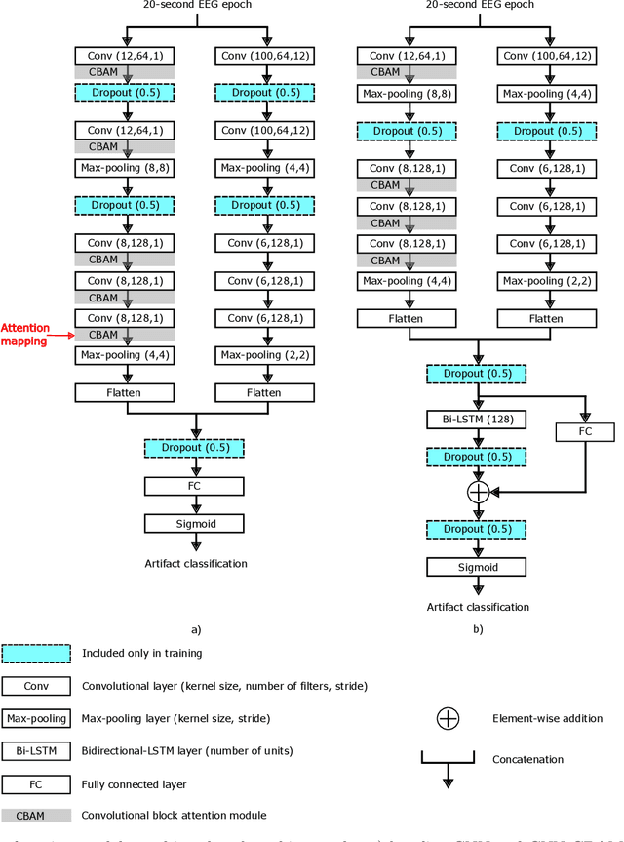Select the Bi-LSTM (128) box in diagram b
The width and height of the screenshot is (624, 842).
pos(478,420)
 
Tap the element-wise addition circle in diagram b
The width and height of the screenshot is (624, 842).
pos(478,492)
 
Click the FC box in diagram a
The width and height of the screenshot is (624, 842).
pos(195,485)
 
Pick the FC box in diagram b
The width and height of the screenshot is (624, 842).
pos(585,431)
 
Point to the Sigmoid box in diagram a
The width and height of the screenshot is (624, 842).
pos(195,524)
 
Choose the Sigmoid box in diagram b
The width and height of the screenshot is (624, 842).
pos(478,567)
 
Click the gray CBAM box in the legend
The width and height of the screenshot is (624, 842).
pos(35,815)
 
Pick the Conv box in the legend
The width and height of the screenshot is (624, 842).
pos(35,686)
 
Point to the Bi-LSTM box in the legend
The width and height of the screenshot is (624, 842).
pos(35,750)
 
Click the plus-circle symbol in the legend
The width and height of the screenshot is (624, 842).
pos(448,719)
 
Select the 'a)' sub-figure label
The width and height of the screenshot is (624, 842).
pos(195,630)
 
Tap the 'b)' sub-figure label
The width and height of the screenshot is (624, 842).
pos(478,630)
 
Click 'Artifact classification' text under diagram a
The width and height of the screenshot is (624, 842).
pos(195,563)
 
